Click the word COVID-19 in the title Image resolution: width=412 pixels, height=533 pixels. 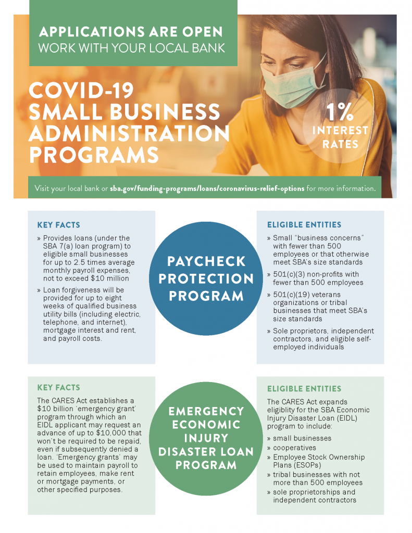tap(81, 92)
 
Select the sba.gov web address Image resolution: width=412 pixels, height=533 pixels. tap(207, 188)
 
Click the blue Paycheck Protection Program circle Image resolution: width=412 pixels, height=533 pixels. tap(206, 278)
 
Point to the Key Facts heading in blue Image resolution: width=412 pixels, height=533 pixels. tap(59, 225)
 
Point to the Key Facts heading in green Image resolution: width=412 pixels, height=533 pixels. tap(59, 388)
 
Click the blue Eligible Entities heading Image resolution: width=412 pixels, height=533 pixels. tap(304, 225)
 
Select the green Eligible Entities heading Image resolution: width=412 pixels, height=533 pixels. tap(304, 389)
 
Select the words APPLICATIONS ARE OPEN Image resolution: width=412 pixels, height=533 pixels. tap(131, 32)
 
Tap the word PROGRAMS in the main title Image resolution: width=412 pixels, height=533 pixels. tap(94, 155)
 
